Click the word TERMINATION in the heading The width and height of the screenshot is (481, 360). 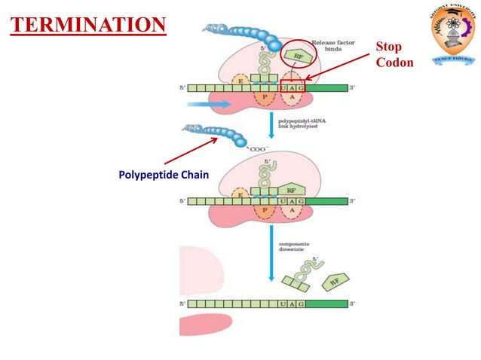(87, 26)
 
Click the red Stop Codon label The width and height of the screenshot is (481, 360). (394, 54)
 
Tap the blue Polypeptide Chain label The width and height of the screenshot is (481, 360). (163, 175)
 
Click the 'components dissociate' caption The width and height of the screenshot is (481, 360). (296, 248)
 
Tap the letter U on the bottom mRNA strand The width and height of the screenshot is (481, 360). (283, 304)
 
